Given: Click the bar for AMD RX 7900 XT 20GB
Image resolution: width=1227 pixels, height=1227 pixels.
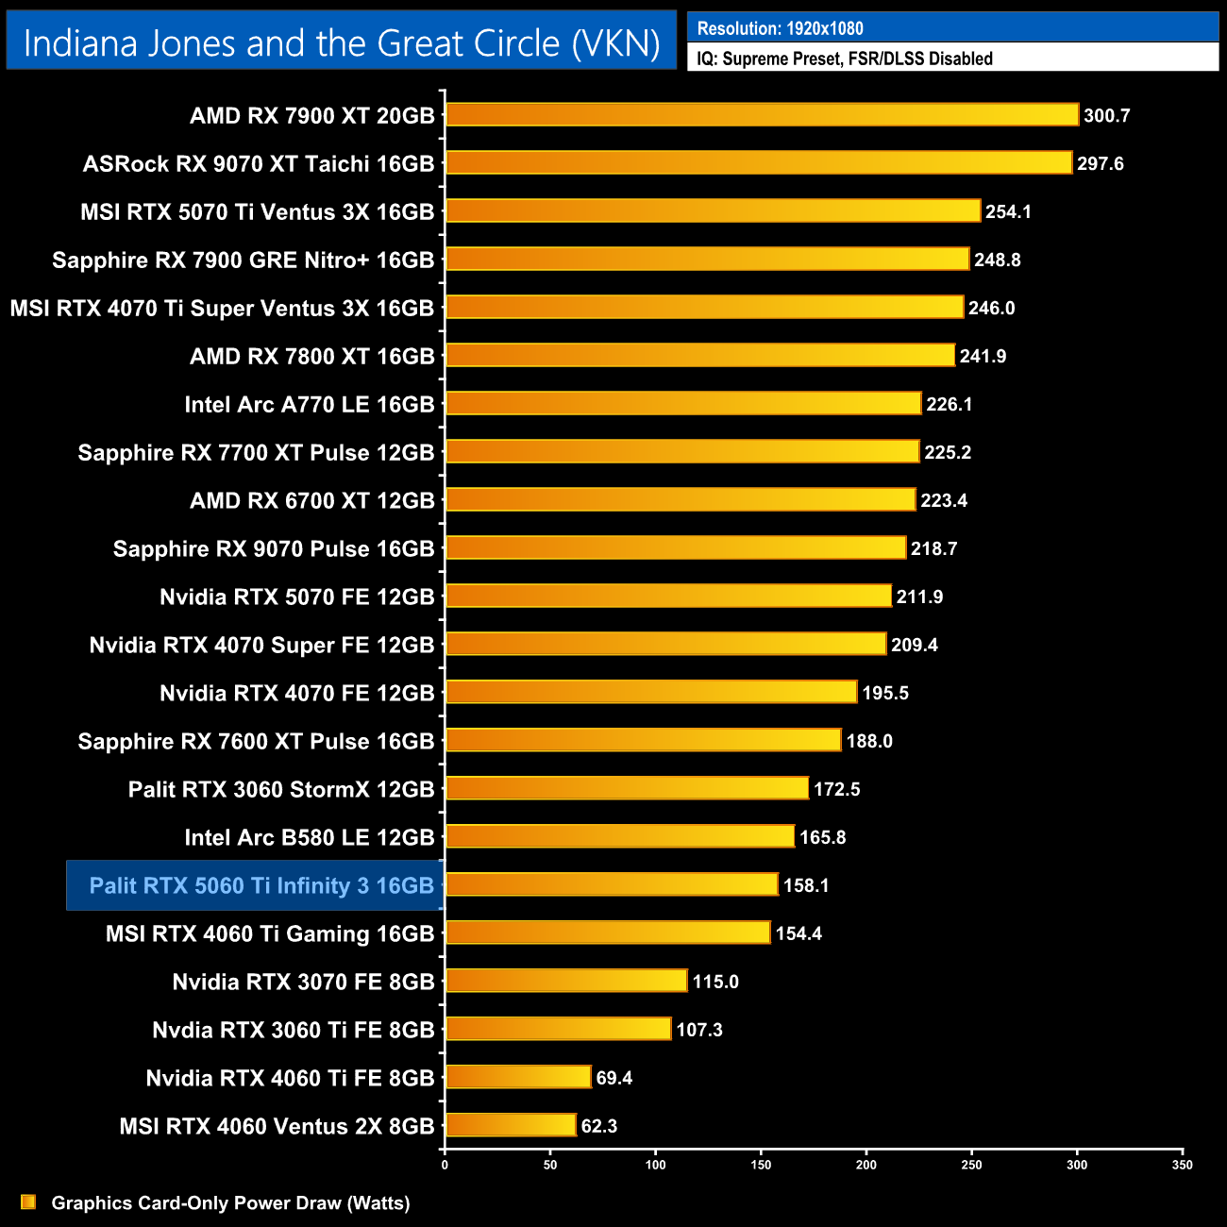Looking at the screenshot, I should (x=761, y=114).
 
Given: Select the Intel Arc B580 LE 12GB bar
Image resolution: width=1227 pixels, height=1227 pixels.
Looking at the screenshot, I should (x=619, y=836).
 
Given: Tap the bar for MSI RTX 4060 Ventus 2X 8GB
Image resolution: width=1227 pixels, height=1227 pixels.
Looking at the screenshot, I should (x=510, y=1125).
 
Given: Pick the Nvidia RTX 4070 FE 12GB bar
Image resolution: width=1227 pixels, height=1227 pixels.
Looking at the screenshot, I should (x=650, y=692).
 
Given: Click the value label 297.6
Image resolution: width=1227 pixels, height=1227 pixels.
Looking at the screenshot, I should (x=1101, y=163).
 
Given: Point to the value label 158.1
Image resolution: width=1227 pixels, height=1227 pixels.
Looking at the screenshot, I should (x=806, y=885).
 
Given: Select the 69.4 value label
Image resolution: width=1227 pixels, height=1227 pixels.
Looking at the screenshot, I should (x=614, y=1078).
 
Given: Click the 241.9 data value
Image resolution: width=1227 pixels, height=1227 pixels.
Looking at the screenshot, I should (x=983, y=356).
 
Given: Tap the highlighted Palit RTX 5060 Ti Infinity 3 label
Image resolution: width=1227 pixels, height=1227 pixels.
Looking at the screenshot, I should (x=261, y=885).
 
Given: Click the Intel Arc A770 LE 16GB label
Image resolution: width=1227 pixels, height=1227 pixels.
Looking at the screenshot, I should (x=309, y=404).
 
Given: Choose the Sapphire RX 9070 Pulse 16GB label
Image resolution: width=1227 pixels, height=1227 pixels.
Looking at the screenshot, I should (x=273, y=548).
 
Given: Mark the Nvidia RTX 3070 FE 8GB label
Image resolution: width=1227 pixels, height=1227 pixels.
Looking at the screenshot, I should (x=303, y=982).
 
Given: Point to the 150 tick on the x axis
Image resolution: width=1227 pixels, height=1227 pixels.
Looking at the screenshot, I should (x=761, y=1165).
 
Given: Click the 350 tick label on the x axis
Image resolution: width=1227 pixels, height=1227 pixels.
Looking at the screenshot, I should (x=1182, y=1165).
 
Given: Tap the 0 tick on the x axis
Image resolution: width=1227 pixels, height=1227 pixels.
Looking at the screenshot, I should (x=445, y=1165).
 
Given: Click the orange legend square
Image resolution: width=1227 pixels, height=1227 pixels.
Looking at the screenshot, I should (x=28, y=1202).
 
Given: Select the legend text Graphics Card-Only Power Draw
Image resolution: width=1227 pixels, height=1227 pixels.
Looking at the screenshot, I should (x=230, y=1202).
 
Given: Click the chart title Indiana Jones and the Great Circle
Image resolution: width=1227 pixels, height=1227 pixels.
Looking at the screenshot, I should (x=341, y=43).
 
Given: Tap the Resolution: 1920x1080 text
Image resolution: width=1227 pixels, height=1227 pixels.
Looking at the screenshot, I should (x=780, y=28).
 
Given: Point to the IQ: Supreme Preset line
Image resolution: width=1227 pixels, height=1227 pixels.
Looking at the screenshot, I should (x=845, y=59).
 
